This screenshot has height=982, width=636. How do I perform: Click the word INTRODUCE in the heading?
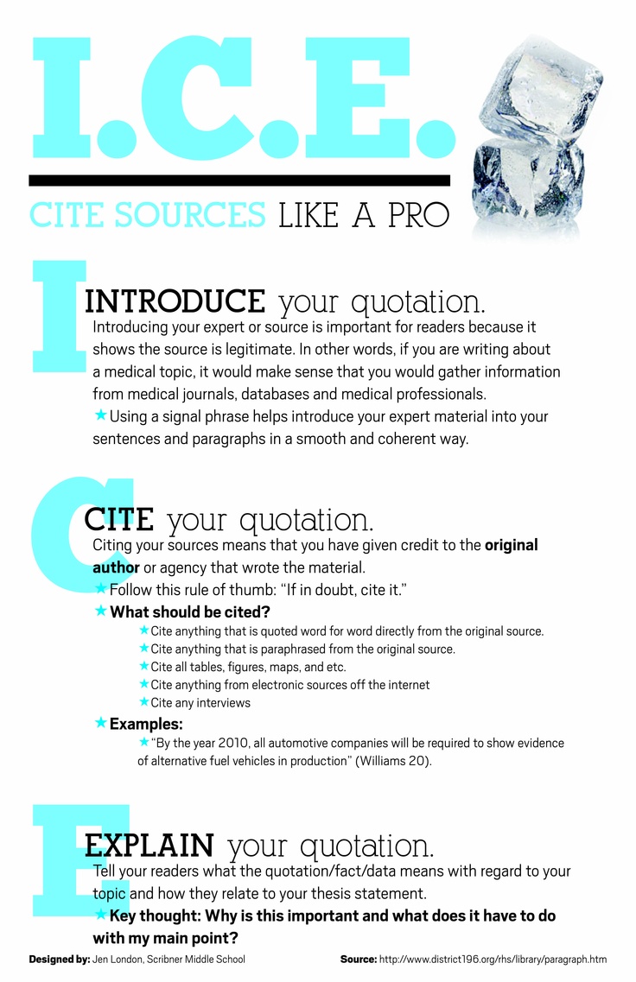pyautogui.click(x=175, y=301)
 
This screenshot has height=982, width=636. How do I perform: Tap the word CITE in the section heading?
pyautogui.click(x=118, y=520)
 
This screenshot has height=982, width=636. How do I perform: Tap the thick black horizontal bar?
pyautogui.click(x=239, y=181)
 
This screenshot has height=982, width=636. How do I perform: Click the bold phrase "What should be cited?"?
pyautogui.click(x=190, y=611)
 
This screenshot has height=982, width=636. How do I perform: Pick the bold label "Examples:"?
pyautogui.click(x=146, y=724)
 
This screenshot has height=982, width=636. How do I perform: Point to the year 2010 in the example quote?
pyautogui.click(x=227, y=744)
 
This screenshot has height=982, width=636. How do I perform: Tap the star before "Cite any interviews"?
pyautogui.click(x=143, y=702)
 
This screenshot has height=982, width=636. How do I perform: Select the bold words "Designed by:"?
pyautogui.click(x=59, y=959)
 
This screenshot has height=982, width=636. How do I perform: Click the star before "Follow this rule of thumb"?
pyautogui.click(x=100, y=588)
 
